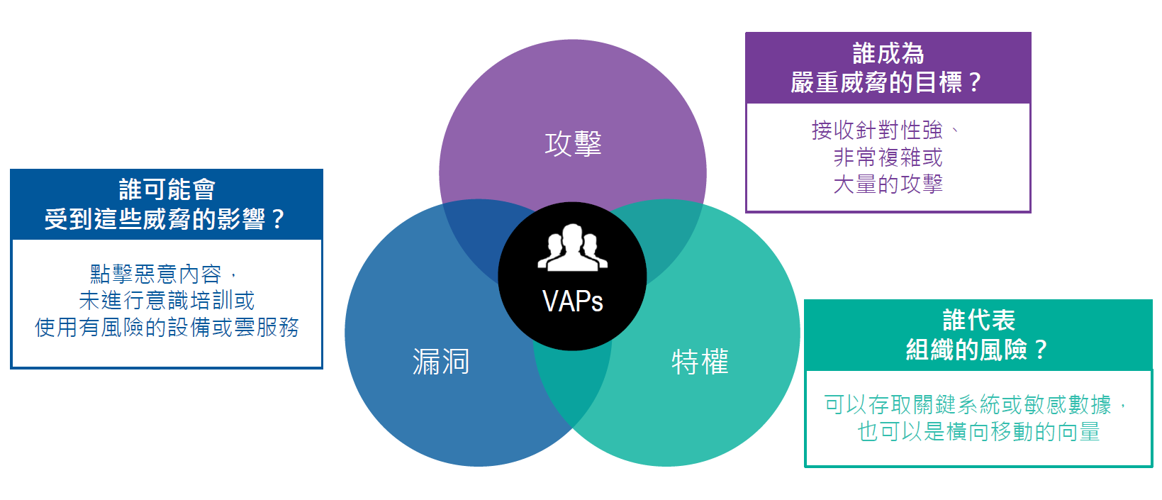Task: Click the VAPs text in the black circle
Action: [x=572, y=301]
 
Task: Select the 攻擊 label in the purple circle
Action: [x=573, y=144]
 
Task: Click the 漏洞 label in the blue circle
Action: [x=440, y=362]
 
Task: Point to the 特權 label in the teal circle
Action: [x=700, y=362]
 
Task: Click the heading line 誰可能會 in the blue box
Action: [x=167, y=189]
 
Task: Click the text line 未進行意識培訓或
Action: [x=167, y=301]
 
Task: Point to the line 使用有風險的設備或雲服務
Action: [x=167, y=327]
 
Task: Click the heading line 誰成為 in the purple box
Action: [x=888, y=53]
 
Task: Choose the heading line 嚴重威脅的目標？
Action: [x=887, y=82]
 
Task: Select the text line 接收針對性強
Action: [x=877, y=130]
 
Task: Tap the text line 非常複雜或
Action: [x=888, y=157]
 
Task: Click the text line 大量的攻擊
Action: [x=888, y=184]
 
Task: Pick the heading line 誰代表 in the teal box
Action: [x=978, y=320]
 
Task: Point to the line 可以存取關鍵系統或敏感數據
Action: [x=968, y=404]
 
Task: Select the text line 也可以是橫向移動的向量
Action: [x=978, y=431]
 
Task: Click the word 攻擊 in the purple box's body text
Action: [x=922, y=184]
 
